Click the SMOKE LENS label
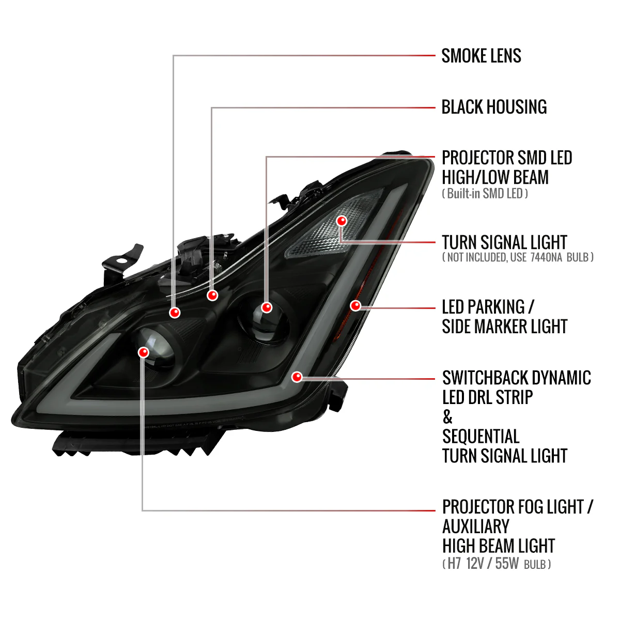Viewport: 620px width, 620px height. point(481,56)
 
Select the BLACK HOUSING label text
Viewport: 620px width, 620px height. point(494,107)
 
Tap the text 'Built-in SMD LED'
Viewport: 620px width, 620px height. point(485,194)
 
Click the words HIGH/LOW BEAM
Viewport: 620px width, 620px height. point(495,177)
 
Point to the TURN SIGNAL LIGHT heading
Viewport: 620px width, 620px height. point(504,242)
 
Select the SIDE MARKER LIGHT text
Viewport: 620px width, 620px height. point(504,327)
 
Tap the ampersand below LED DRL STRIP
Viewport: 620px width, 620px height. point(447,416)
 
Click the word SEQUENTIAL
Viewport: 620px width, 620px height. point(481,437)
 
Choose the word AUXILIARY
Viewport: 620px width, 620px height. point(476,526)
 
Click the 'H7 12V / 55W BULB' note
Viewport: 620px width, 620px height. point(497,564)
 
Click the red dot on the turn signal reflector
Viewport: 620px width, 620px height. point(342,221)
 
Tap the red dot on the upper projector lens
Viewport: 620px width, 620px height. point(267,307)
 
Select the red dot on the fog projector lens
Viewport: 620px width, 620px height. point(144,352)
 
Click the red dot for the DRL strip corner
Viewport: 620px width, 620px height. point(297,377)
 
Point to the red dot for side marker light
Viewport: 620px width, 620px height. point(355,305)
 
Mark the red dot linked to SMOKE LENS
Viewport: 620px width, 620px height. point(175,313)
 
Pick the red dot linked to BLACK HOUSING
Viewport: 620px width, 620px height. point(212,296)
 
